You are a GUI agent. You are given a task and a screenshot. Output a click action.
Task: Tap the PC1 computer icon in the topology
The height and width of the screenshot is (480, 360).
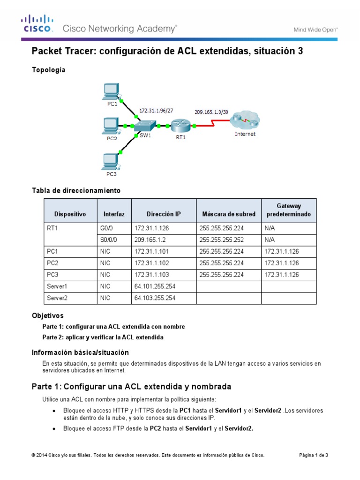pyautogui.click(x=111, y=91)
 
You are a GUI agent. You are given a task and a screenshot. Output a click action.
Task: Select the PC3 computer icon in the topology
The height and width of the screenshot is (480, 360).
pyautogui.click(x=111, y=162)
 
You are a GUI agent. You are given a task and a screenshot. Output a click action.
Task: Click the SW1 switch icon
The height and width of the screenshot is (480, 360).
pyautogui.click(x=144, y=126)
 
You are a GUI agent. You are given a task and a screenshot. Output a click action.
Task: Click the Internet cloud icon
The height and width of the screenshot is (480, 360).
pyautogui.click(x=244, y=121)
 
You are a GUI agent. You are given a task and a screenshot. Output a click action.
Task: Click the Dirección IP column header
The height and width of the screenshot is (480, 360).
pyautogui.click(x=164, y=214)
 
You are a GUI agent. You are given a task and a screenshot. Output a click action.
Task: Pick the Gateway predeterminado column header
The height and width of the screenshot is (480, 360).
pyautogui.click(x=289, y=210)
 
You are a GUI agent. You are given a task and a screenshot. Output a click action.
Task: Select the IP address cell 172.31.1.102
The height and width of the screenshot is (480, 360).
pyautogui.click(x=151, y=262)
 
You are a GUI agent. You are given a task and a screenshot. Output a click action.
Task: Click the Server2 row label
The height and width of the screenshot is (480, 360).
pyautogui.click(x=58, y=298)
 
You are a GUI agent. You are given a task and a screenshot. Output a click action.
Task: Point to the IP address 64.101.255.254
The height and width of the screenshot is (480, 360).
pyautogui.click(x=155, y=286)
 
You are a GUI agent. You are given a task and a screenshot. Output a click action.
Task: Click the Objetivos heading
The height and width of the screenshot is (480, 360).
pyautogui.click(x=47, y=316)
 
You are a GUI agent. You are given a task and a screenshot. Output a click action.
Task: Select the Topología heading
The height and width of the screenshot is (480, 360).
pyautogui.click(x=48, y=70)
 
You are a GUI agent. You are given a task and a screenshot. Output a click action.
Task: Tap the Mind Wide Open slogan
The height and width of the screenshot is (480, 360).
pyautogui.click(x=315, y=30)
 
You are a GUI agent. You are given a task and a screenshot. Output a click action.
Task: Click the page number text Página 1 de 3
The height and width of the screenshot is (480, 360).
pyautogui.click(x=314, y=455)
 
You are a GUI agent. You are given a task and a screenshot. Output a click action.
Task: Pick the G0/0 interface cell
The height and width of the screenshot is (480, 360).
pyautogui.click(x=107, y=228)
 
